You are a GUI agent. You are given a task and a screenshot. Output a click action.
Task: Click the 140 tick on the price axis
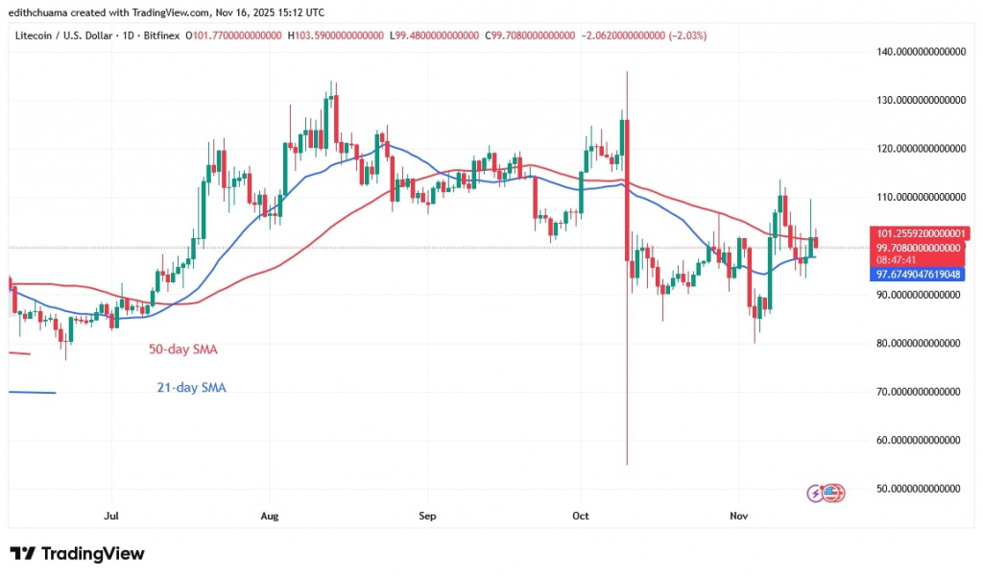coord(920,51)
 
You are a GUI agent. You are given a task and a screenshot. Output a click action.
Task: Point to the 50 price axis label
coord(920,489)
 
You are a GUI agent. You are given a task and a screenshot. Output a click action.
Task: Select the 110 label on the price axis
coord(920,197)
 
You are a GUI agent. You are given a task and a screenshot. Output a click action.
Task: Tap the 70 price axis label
coord(920,392)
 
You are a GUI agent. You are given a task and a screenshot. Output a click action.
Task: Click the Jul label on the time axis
coord(111,516)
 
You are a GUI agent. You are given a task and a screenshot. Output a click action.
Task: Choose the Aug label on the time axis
coord(270,516)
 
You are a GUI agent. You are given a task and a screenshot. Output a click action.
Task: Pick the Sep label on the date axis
coord(427,516)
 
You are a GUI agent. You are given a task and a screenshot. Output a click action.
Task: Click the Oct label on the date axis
coord(580,516)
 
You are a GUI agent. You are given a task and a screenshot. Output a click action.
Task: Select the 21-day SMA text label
coord(192,388)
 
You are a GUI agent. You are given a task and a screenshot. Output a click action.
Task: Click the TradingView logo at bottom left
coord(77,554)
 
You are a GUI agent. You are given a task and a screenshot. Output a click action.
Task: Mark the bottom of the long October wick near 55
coord(627,465)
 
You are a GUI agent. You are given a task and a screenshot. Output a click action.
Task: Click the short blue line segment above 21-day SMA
coord(32,392)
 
